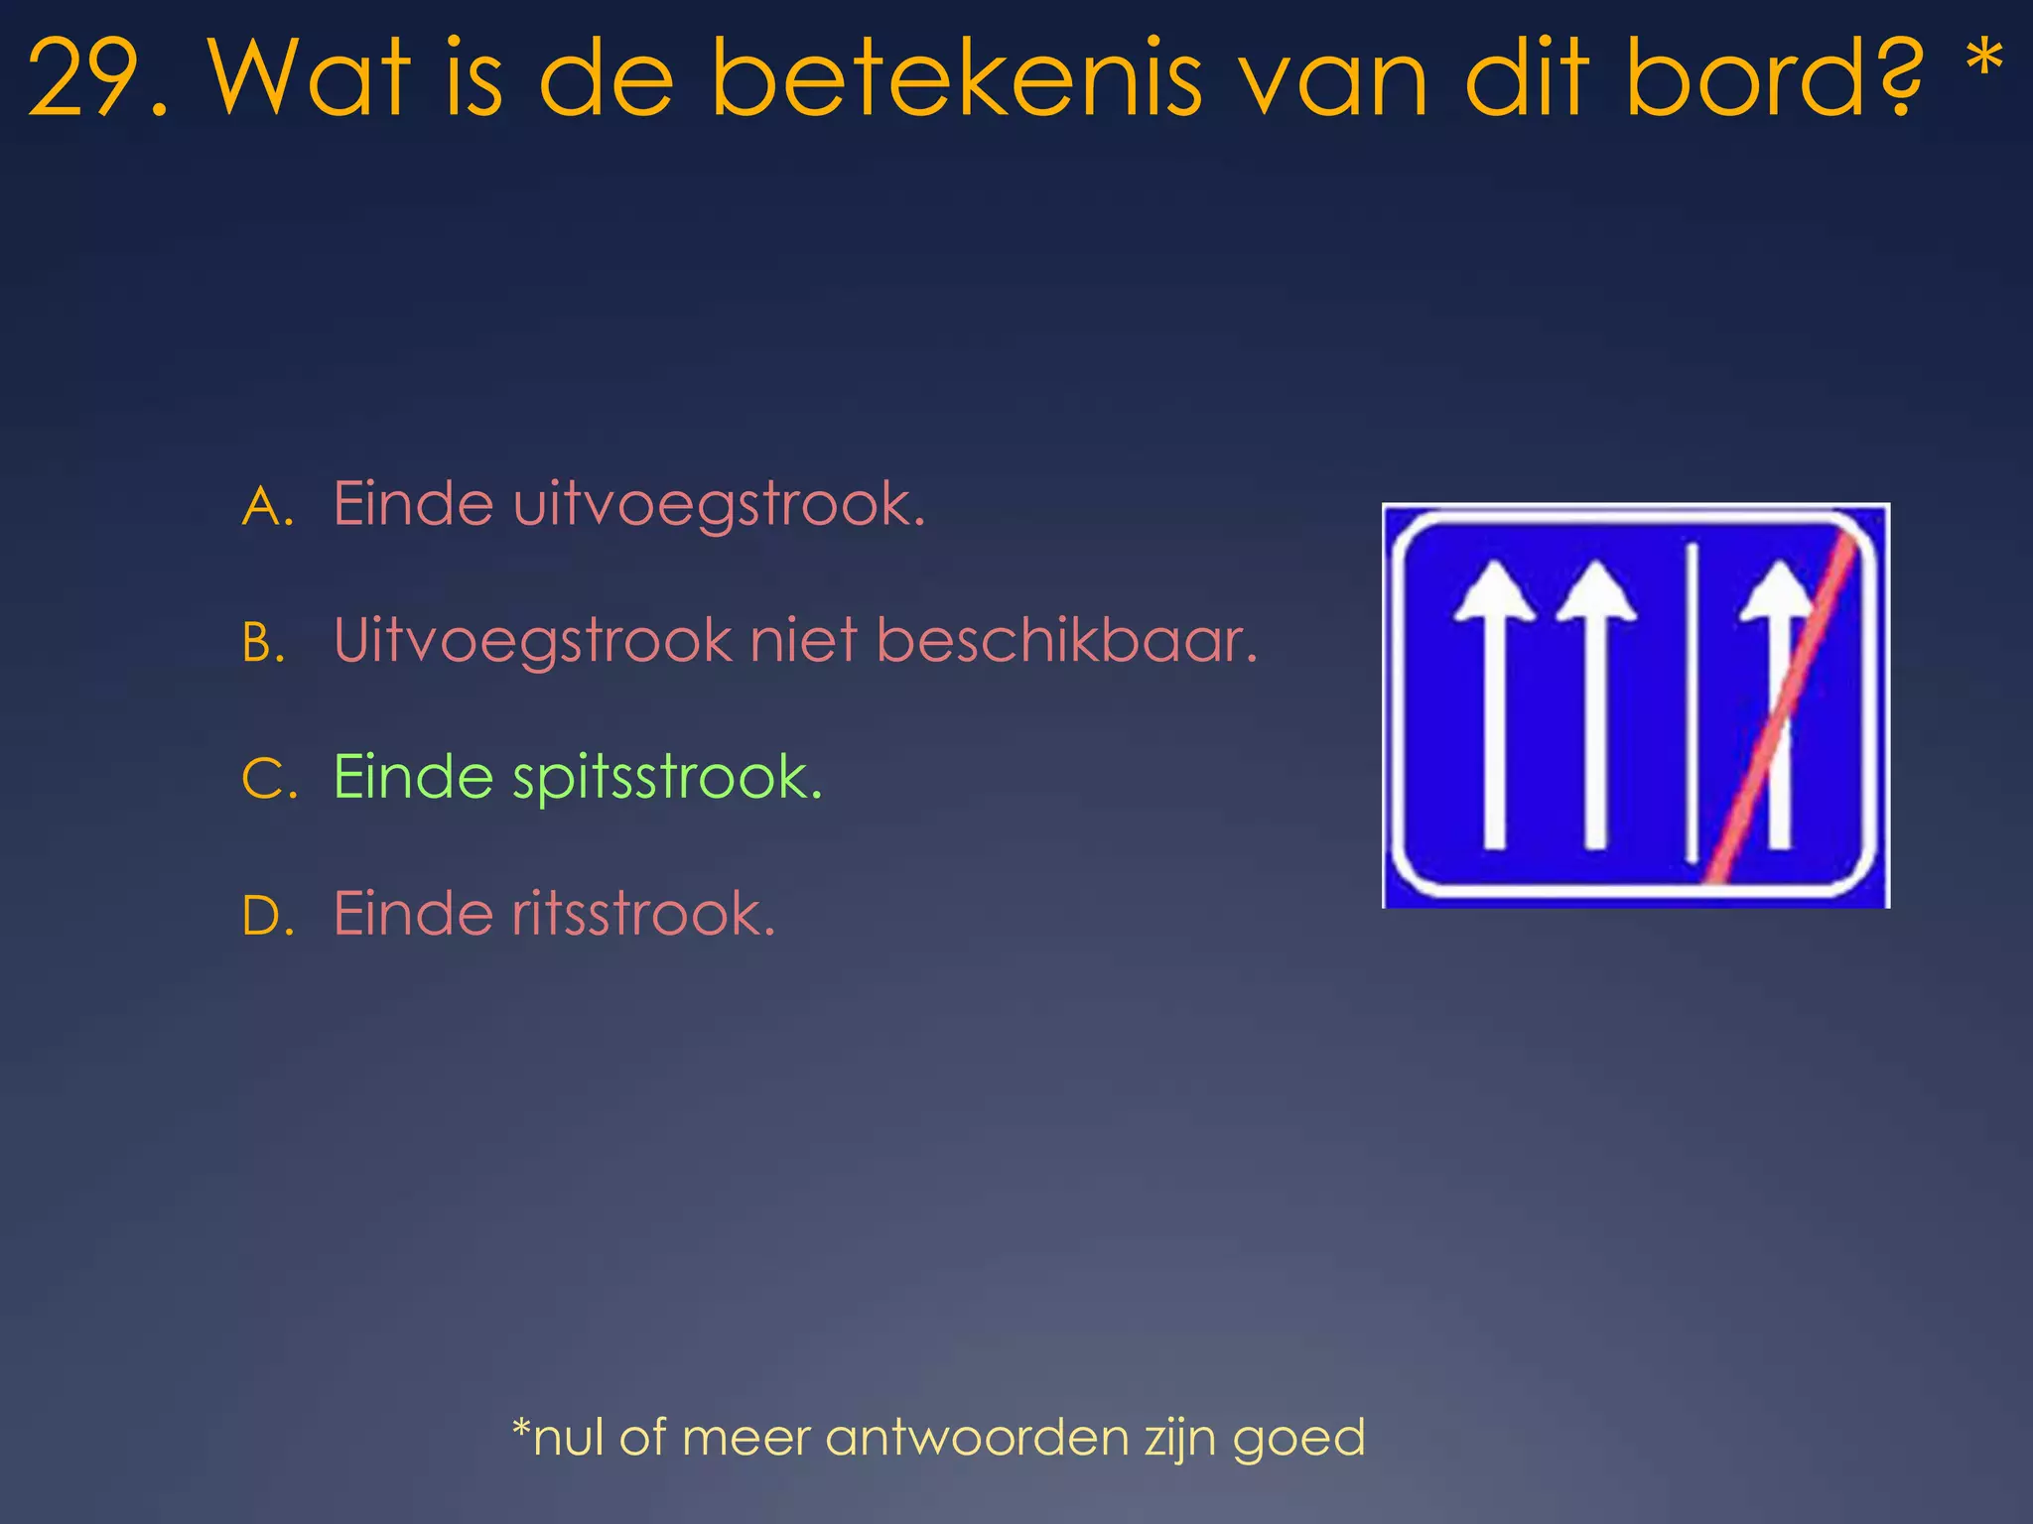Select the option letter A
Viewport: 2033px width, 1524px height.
coord(266,507)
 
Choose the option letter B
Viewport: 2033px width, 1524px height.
coord(264,643)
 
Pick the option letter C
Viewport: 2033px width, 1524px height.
coord(268,779)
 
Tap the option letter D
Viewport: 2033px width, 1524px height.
coord(267,916)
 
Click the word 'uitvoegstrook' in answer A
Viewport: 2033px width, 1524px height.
coord(717,506)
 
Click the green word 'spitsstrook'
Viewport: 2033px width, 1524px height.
coord(666,779)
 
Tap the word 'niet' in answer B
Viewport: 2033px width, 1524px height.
coord(803,641)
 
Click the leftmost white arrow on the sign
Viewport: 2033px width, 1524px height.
coord(1494,704)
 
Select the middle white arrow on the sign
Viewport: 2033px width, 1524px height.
coord(1595,704)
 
